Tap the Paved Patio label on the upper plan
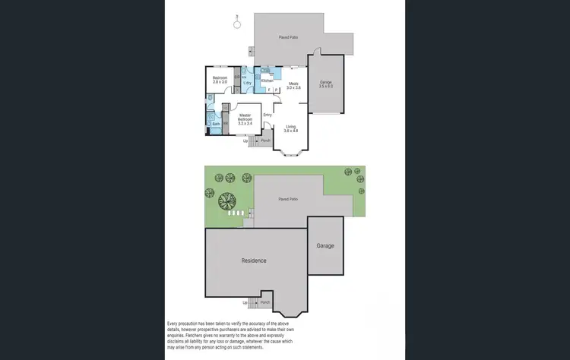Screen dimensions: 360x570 287,36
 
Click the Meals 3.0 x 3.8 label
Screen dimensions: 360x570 293,86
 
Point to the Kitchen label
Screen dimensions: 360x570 267,81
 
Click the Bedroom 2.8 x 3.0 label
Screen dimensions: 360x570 220,80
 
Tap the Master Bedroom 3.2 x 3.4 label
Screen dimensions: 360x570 245,118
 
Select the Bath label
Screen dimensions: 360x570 216,124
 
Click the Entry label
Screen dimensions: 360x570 268,115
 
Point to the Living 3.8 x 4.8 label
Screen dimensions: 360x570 291,128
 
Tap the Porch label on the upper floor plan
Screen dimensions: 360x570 265,141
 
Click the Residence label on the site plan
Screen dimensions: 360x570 254,261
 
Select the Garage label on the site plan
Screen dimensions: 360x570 325,246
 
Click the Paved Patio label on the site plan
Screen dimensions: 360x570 287,199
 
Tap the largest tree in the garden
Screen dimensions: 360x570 226,201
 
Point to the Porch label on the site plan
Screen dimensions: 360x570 265,302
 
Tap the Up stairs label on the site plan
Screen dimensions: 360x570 245,303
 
